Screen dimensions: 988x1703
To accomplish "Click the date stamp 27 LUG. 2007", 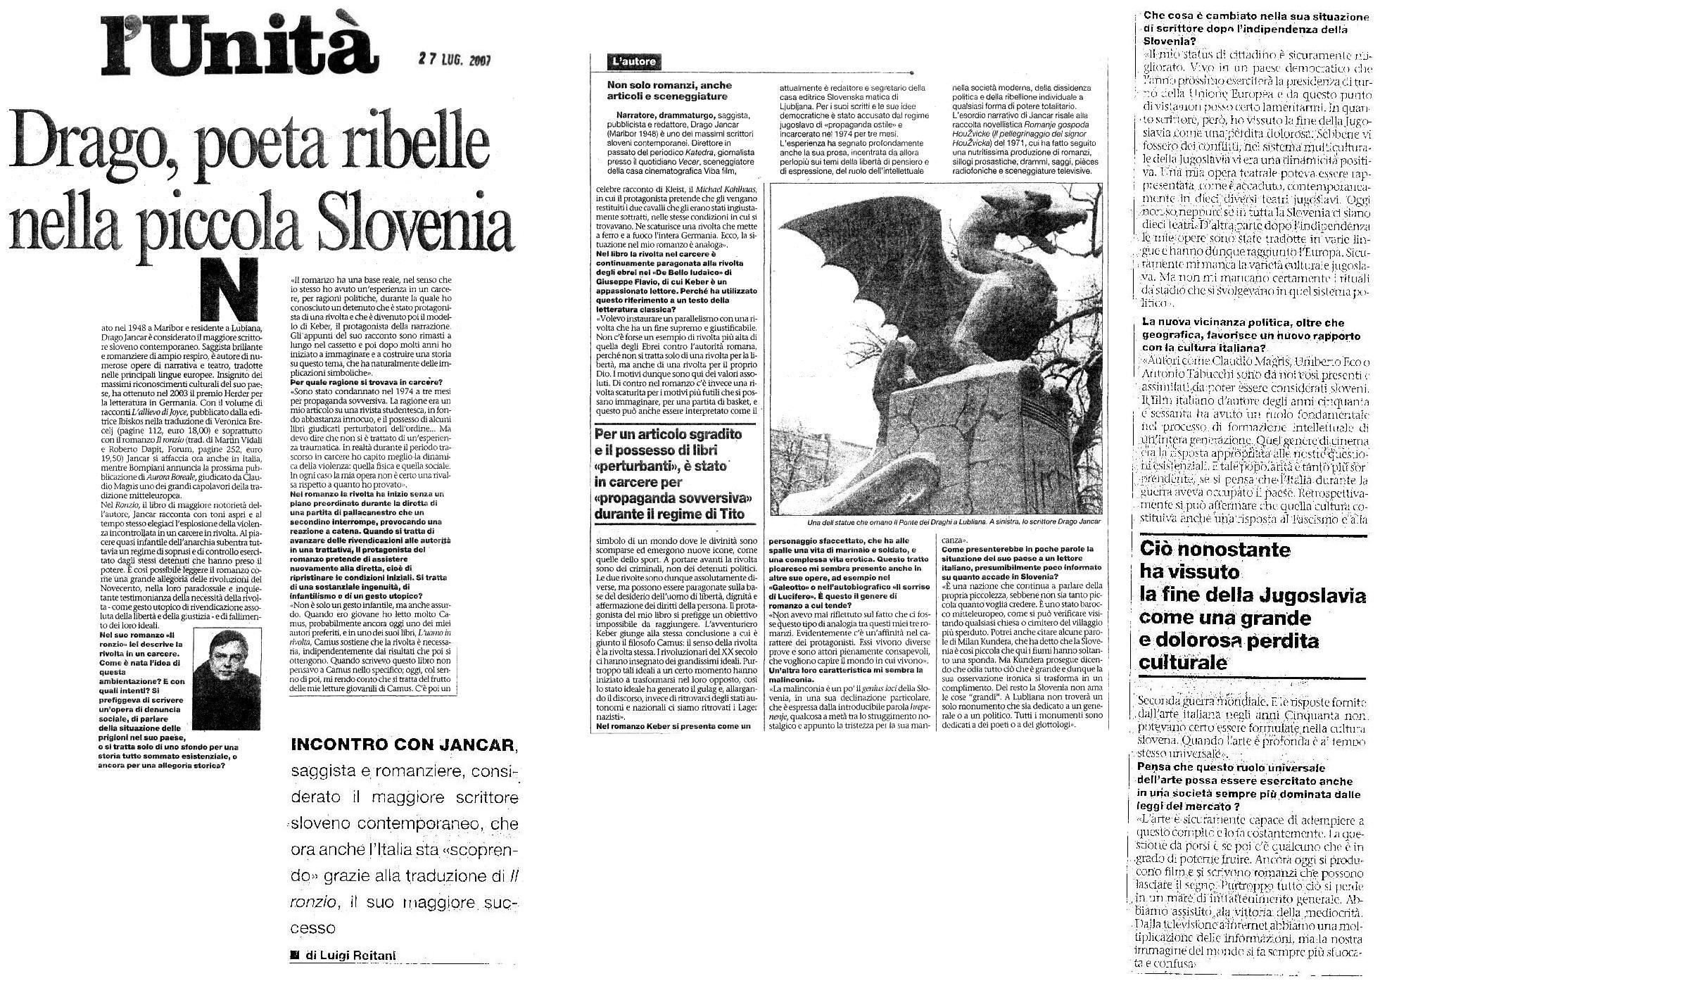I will pyautogui.click(x=452, y=61).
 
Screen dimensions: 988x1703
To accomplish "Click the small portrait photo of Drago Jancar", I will pyautogui.click(x=225, y=679).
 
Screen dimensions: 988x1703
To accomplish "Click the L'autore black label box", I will pyautogui.click(x=634, y=61).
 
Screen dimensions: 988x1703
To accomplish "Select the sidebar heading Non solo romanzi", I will pyautogui.click(x=669, y=91).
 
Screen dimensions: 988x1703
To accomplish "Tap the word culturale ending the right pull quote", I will pyautogui.click(x=1182, y=663).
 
